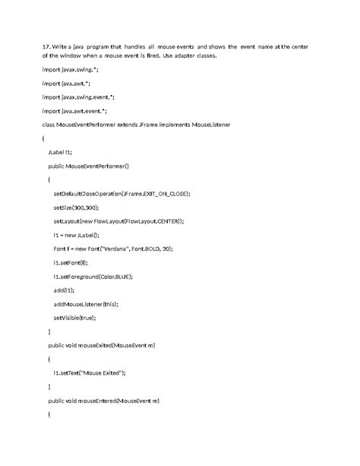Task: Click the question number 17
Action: (46, 46)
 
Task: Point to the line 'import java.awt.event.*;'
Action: (74, 109)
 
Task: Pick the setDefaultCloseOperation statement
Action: (122, 194)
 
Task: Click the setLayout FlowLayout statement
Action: (118, 220)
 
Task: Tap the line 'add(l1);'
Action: (64, 290)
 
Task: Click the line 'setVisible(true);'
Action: (74, 317)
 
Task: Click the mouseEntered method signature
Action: (103, 400)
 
